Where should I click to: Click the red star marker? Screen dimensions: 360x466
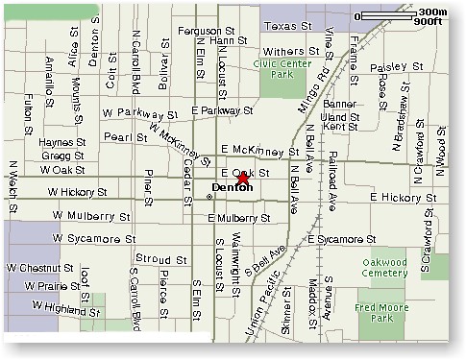click(x=243, y=178)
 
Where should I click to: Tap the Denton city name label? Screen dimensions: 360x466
click(x=232, y=187)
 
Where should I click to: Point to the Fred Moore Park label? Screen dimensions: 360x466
click(x=385, y=312)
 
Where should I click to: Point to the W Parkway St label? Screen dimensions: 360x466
click(x=140, y=114)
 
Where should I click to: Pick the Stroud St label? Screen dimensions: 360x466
click(x=154, y=259)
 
